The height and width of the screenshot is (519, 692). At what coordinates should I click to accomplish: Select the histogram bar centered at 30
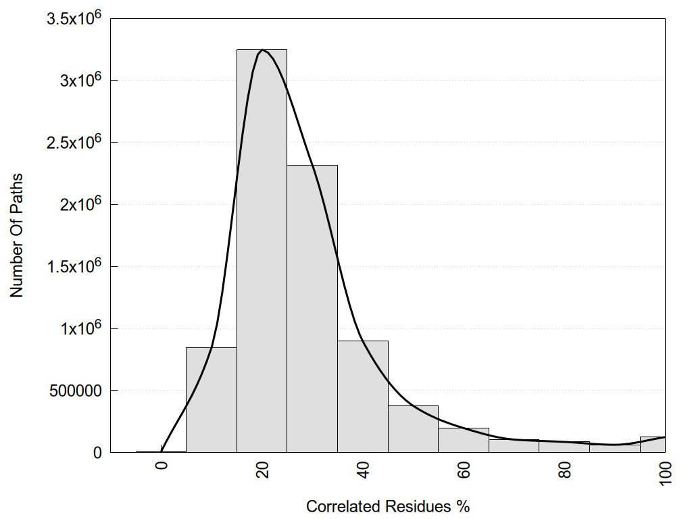[x=312, y=311]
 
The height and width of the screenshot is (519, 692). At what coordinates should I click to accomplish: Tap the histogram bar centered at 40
[x=363, y=399]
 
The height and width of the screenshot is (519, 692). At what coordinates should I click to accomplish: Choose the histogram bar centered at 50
[x=413, y=430]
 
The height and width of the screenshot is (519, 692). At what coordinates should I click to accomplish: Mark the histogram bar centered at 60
[x=464, y=441]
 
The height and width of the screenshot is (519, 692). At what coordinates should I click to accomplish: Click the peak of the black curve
[x=262, y=49]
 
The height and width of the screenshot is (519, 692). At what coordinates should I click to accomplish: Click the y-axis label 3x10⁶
[x=78, y=80]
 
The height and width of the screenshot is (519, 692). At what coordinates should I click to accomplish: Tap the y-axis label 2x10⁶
[x=78, y=204]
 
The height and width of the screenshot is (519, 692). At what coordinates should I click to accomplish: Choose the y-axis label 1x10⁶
[x=78, y=328]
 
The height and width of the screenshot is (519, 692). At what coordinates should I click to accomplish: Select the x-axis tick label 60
[x=464, y=470]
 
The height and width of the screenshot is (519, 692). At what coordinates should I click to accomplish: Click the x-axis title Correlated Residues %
[x=388, y=506]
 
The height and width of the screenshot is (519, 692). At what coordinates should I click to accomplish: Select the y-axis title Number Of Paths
[x=17, y=235]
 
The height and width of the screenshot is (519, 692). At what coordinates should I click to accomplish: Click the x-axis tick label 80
[x=565, y=470]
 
